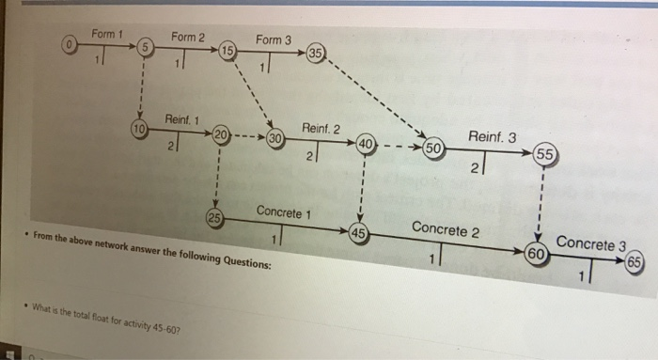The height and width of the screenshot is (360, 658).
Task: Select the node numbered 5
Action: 145,47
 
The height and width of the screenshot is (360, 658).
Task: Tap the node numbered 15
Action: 227,49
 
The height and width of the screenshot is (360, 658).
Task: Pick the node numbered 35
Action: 316,53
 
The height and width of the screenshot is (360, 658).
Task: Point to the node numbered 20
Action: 220,132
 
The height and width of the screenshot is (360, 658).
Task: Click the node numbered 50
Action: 434,149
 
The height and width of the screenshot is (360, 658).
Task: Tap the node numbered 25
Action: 214,220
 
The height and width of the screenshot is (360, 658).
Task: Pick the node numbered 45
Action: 358,233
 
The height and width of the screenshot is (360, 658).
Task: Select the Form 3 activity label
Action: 274,40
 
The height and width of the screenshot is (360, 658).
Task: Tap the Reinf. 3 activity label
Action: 492,137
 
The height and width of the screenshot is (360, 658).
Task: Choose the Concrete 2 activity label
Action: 446,228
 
